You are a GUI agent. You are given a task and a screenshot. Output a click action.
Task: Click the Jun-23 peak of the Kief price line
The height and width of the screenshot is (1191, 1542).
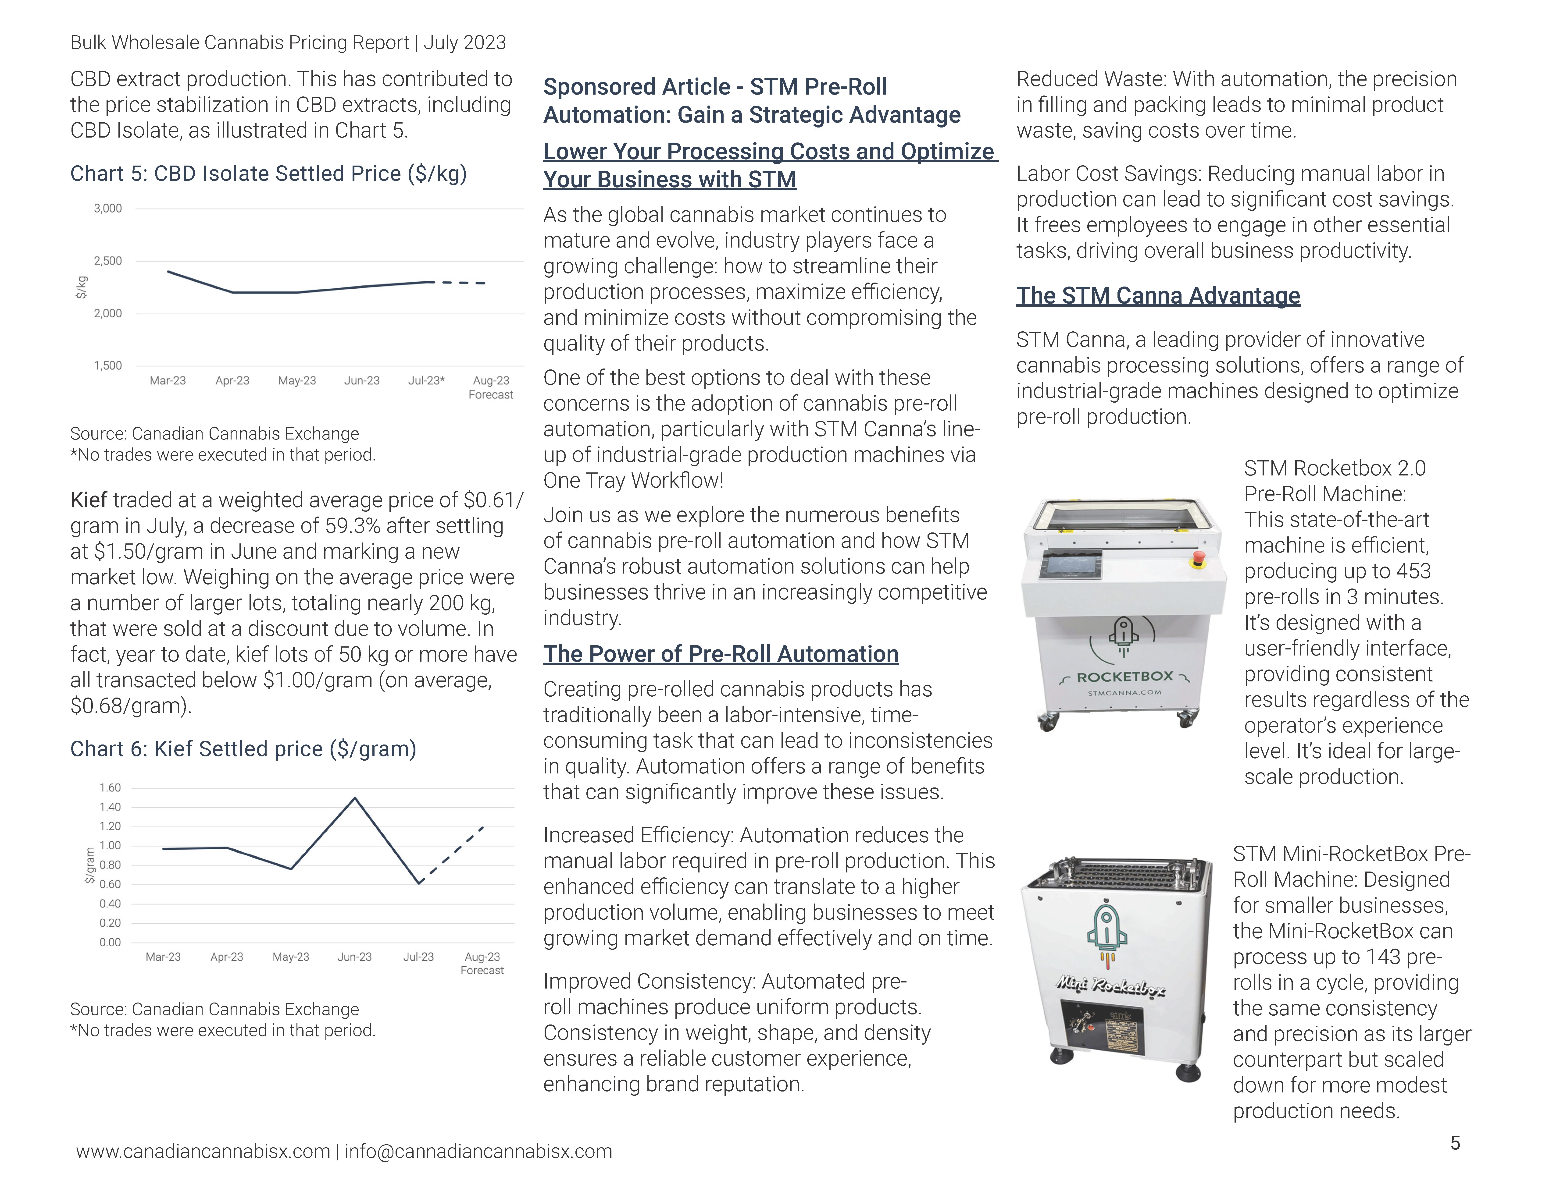click(354, 799)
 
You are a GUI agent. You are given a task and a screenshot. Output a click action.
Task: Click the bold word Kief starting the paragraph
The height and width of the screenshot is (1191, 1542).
click(88, 500)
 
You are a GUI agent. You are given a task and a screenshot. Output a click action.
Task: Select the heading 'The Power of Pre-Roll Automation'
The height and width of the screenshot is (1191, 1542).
click(720, 654)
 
